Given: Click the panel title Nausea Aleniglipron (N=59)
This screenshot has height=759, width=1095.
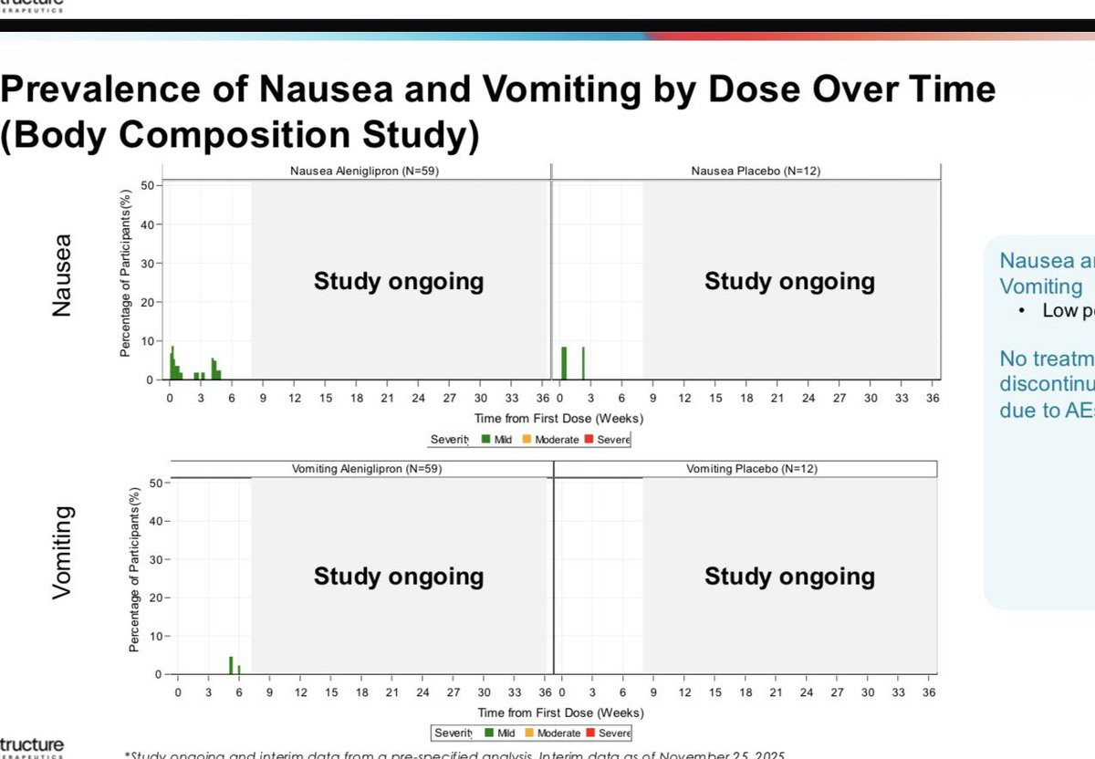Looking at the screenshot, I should pos(364,171).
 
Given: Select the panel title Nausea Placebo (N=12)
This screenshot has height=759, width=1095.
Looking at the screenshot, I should pos(756,171).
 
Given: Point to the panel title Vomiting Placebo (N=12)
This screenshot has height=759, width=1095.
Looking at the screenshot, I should pos(752,469).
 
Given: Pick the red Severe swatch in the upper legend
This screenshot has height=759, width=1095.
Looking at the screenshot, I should pos(589,440).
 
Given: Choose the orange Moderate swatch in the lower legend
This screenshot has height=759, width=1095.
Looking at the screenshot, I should pos(529,733).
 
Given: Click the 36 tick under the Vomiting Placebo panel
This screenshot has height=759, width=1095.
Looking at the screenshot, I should pos(929,692).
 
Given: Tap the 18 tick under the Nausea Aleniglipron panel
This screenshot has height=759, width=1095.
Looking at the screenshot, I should pos(357,398).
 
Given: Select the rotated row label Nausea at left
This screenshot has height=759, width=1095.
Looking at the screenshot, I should pos(61,275).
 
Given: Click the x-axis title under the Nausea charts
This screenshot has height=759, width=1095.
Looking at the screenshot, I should pos(558,419).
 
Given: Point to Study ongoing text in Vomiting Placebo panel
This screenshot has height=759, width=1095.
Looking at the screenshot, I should pos(789,577).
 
